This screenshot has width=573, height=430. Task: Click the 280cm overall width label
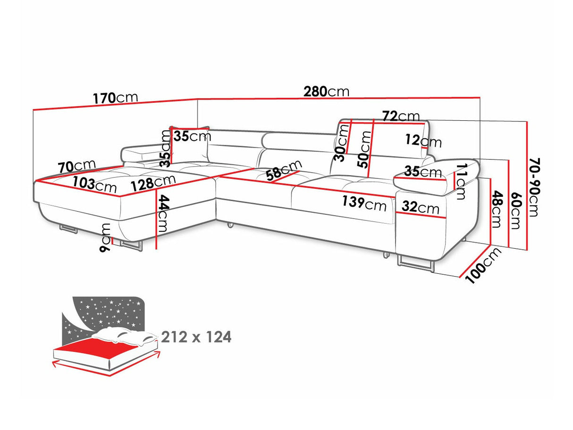click(326, 92)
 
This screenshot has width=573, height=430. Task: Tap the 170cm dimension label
click(115, 98)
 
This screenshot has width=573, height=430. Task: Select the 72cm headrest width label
click(401, 116)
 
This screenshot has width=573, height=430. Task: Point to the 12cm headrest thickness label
click(423, 141)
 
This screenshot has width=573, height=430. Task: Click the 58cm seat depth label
click(283, 170)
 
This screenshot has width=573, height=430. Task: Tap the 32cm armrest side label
click(421, 208)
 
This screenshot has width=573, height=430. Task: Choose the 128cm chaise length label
click(153, 182)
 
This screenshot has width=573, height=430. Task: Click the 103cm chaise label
click(94, 185)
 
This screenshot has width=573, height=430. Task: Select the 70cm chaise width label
click(77, 166)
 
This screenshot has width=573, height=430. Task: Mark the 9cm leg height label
click(105, 237)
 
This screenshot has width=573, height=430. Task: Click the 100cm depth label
click(483, 266)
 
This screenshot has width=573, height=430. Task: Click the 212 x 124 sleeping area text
click(196, 337)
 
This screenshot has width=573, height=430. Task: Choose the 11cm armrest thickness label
click(460, 182)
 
